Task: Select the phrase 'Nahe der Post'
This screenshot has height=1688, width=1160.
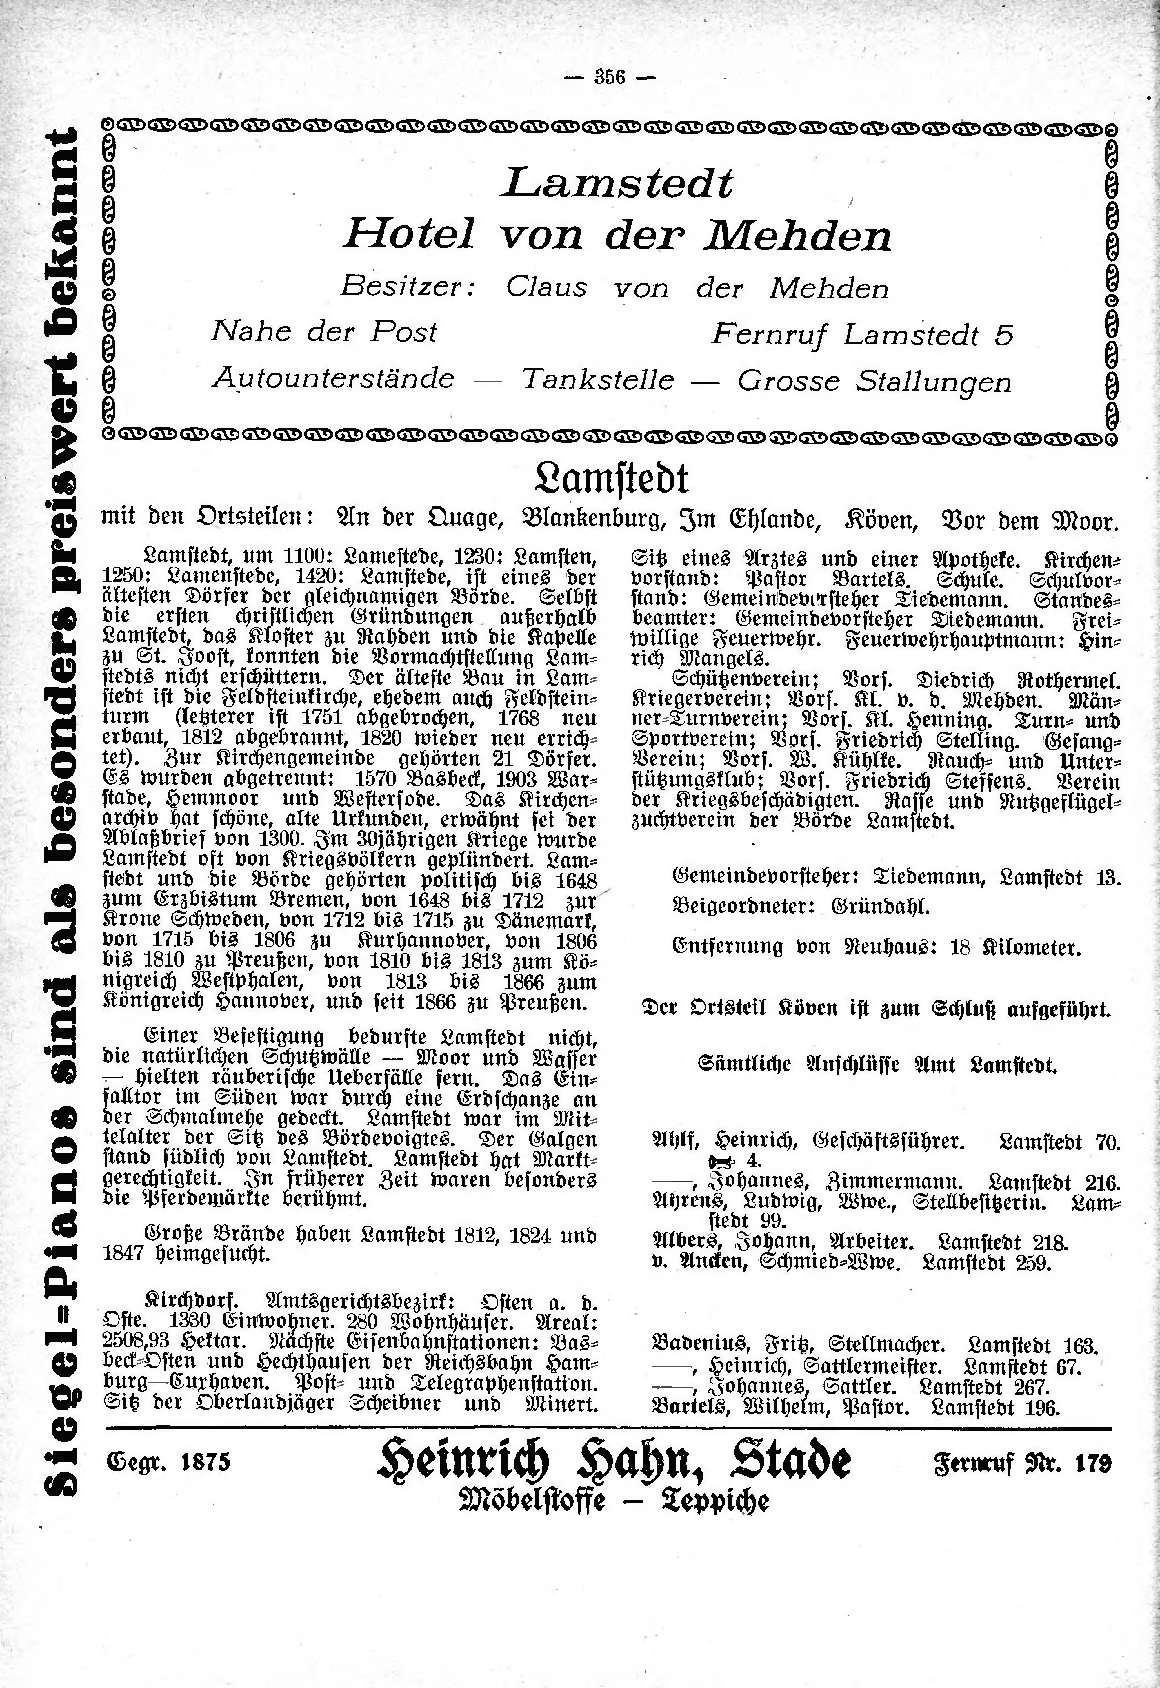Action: coord(324,332)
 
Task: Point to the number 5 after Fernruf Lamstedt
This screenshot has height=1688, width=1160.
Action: coord(1004,335)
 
